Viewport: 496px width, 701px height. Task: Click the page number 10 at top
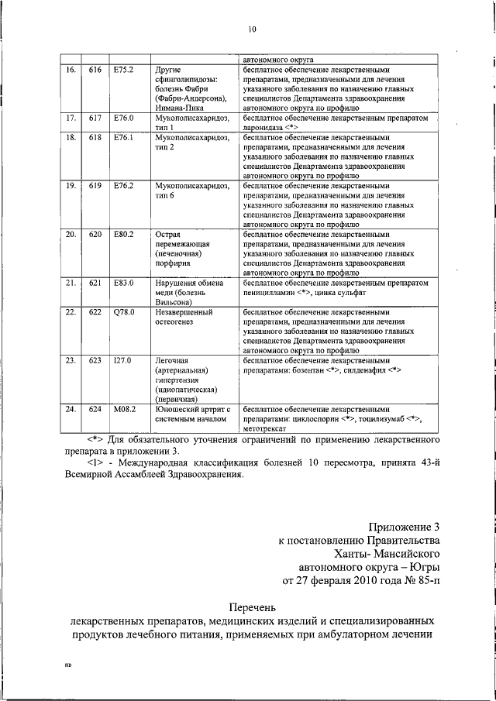[x=251, y=29]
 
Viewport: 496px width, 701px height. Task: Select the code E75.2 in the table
[x=123, y=70]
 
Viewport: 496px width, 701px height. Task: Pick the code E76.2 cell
[x=123, y=186]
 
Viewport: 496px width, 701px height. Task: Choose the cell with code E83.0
[x=123, y=283]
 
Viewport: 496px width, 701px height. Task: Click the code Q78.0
[x=123, y=311]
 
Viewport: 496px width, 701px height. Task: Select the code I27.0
[x=122, y=360]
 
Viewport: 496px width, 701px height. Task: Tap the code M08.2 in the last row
[x=124, y=408]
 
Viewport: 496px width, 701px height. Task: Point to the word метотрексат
[x=265, y=428]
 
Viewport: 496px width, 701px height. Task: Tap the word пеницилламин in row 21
[x=268, y=292]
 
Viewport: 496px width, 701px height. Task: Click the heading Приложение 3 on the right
[x=400, y=527]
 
